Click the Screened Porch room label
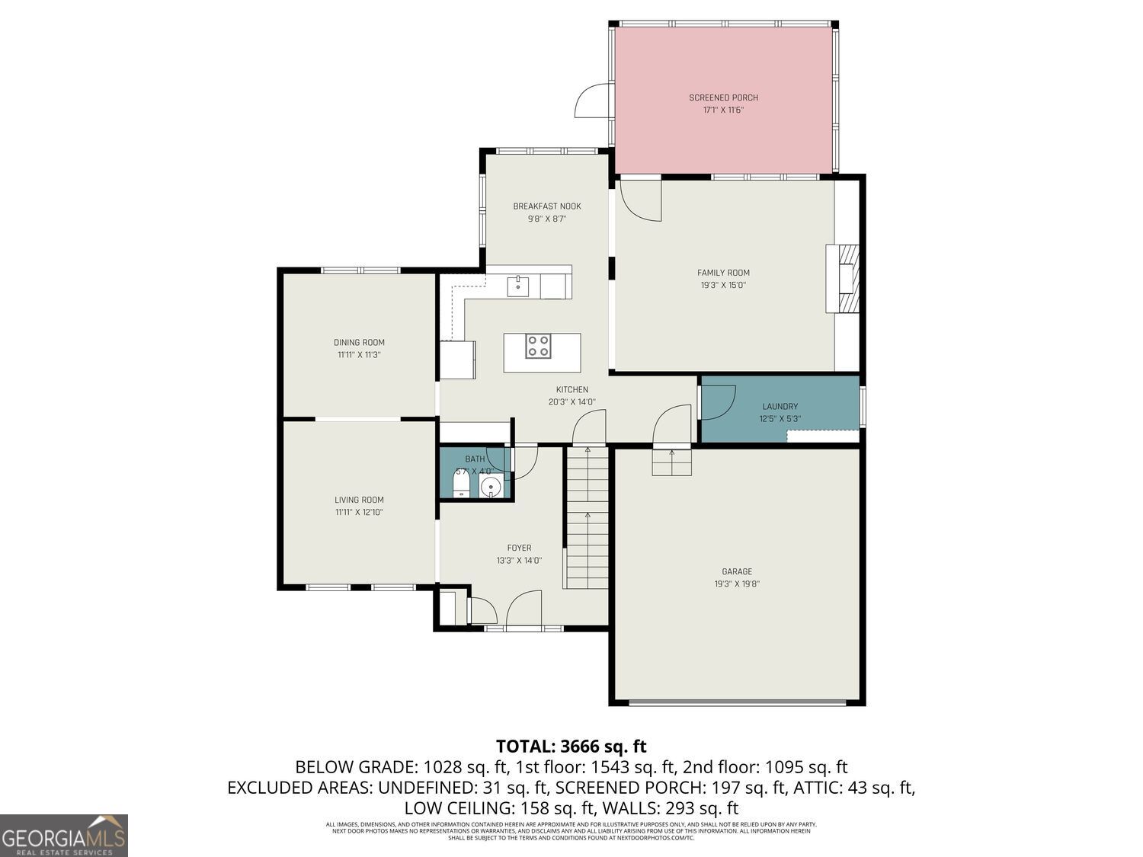point(723,98)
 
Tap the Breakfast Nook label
point(547,206)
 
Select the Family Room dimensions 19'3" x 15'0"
point(723,286)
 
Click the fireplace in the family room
point(845,278)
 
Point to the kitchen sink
point(518,286)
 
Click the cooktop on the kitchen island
point(538,346)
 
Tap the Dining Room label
point(359,343)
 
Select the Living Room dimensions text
point(359,513)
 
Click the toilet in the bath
point(461,484)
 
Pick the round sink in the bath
point(492,485)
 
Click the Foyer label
point(519,548)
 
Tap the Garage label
point(737,571)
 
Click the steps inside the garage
point(671,462)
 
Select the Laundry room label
point(780,407)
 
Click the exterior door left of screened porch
point(594,101)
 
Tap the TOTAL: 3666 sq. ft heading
point(571,746)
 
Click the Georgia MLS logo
point(64,836)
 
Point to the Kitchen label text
point(571,390)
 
